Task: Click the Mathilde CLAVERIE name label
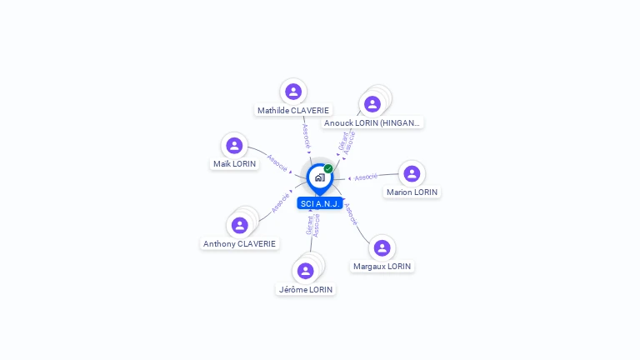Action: coord(293,110)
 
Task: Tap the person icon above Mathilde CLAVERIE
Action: coord(293,92)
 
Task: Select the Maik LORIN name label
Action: coord(234,163)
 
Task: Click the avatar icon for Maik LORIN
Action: coord(234,145)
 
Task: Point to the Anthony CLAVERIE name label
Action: coord(239,243)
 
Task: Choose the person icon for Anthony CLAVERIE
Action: coord(240,225)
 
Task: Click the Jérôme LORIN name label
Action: coord(306,289)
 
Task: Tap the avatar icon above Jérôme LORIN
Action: coord(305,271)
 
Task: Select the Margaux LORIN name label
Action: coord(382,266)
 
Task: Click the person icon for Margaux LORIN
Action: coord(382,247)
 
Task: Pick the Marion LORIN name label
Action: coord(412,192)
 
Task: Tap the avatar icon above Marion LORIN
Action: coord(412,173)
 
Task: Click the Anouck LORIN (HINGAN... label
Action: coord(372,122)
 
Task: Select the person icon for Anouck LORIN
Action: coord(372,104)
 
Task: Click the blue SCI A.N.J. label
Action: coord(320,203)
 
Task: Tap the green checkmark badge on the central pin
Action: coord(328,168)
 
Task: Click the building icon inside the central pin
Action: coord(320,177)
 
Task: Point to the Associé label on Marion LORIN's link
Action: coord(366,177)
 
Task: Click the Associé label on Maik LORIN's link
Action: coord(277,163)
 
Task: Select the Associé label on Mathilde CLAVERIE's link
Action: coord(306,136)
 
